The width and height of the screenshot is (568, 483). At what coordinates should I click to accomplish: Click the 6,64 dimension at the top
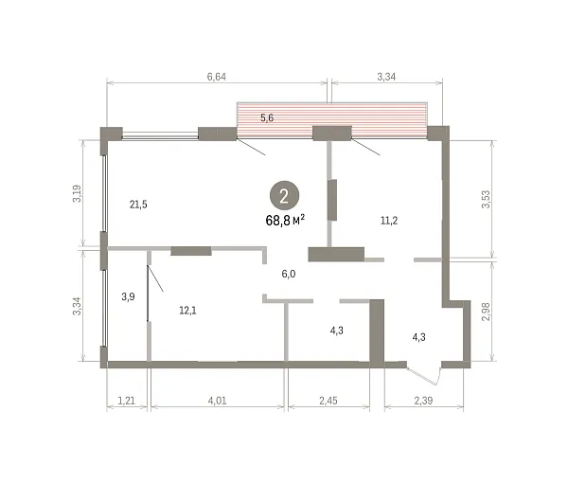(216, 77)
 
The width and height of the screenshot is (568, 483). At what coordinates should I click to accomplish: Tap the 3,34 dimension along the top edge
(386, 77)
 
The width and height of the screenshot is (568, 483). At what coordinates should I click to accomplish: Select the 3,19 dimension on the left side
(78, 193)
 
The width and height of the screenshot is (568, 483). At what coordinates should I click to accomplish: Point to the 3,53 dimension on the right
(486, 199)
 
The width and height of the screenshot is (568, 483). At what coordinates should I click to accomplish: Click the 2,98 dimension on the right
(486, 312)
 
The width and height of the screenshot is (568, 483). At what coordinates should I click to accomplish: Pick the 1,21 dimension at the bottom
(127, 401)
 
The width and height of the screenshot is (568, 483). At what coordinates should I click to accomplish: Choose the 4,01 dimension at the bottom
(218, 401)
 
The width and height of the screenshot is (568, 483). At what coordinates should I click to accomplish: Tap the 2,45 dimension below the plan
(328, 401)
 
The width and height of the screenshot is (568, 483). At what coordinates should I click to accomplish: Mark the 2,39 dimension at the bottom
(423, 401)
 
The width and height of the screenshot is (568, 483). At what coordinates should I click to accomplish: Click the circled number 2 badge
(284, 196)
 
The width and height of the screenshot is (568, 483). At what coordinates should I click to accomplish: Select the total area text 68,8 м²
(285, 221)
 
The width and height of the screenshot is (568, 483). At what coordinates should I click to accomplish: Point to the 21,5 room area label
(138, 205)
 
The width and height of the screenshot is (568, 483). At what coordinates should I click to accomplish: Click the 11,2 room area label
(389, 221)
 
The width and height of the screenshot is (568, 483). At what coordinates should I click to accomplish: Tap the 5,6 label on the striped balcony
(267, 118)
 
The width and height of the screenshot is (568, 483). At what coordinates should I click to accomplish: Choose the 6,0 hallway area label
(289, 274)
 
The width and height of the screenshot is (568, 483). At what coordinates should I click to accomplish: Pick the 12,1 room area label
(187, 311)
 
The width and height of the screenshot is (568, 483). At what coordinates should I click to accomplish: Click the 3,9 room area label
(128, 297)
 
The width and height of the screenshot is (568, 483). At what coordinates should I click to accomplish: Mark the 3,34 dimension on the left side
(78, 306)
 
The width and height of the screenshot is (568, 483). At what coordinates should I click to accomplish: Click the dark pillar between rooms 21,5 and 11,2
(332, 200)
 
